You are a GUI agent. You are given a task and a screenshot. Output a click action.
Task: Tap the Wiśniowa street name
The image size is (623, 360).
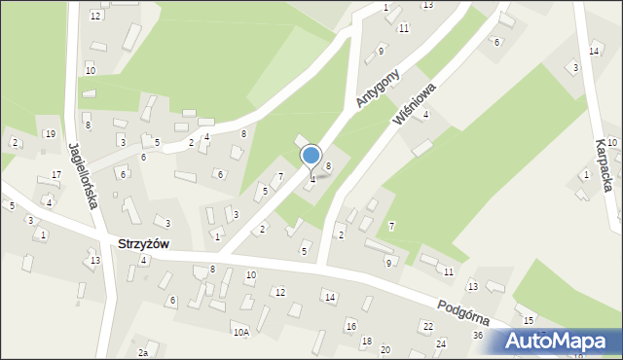pyautogui.click(x=413, y=103)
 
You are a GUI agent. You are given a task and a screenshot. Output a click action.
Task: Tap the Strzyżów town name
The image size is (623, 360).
pyautogui.click(x=142, y=244)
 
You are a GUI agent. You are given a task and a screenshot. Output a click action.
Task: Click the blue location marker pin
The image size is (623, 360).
pyautogui.click(x=311, y=157)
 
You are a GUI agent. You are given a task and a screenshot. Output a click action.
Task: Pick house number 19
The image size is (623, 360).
pyautogui.click(x=50, y=133)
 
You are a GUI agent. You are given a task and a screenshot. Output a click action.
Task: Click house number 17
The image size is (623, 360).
pyautogui.click(x=56, y=175)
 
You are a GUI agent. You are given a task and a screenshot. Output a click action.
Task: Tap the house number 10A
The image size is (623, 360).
pyautogui.click(x=240, y=332)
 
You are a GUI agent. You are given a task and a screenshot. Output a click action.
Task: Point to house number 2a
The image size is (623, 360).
pyautogui.click(x=143, y=352)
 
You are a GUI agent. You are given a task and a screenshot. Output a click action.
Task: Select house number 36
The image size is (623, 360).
pyautogui.click(x=478, y=336)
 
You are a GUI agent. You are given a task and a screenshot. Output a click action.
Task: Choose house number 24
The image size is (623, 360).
pyautogui.click(x=441, y=344)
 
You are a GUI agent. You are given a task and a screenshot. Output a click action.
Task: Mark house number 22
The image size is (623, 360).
pyautogui.click(x=427, y=325)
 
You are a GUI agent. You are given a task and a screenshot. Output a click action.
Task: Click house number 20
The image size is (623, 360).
pyautogui.click(x=385, y=349)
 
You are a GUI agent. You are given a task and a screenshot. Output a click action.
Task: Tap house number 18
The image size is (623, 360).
pyautogui.click(x=366, y=341)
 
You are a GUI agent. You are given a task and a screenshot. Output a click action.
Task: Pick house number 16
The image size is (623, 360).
pyautogui.click(x=350, y=326)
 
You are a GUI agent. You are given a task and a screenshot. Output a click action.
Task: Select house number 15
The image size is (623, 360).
pyautogui.click(x=529, y=320)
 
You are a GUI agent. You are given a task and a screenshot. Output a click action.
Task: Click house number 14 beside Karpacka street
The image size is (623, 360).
pyautogui.click(x=594, y=51)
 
